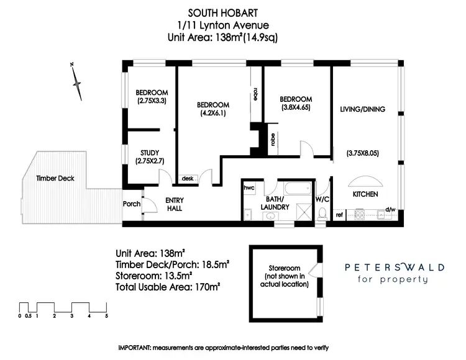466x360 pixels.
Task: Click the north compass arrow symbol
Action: tap(76, 79)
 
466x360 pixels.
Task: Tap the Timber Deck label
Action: tap(55, 178)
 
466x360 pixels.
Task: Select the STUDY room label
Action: tap(150, 153)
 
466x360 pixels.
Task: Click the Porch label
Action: tap(132, 204)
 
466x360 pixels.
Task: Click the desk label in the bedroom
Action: tap(188, 179)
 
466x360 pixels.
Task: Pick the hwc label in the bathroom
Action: tap(250, 186)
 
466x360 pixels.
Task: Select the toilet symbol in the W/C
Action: tap(321, 214)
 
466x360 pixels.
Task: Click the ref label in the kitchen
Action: tap(339, 215)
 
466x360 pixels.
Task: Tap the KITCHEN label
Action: tap(365, 194)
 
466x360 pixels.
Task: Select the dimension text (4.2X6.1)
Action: tap(213, 114)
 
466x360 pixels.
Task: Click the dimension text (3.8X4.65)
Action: tap(295, 108)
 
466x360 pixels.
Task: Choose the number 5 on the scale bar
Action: tap(107, 316)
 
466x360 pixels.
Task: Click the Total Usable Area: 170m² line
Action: tap(168, 287)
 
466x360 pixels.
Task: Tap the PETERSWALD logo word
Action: tap(395, 268)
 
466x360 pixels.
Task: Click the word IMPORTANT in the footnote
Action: tap(136, 347)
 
